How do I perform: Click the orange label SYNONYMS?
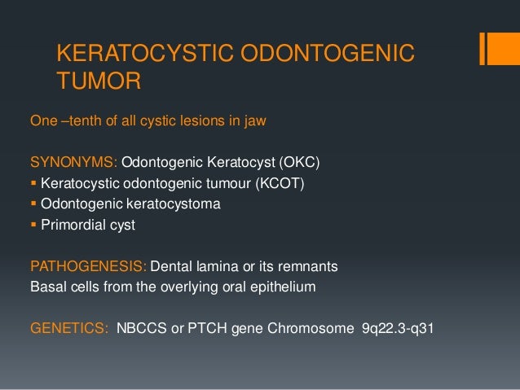pyautogui.click(x=73, y=162)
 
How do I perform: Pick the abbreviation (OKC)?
pyautogui.click(x=293, y=162)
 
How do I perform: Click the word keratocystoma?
pyautogui.click(x=170, y=204)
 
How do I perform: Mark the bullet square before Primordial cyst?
pyautogui.click(x=33, y=225)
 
